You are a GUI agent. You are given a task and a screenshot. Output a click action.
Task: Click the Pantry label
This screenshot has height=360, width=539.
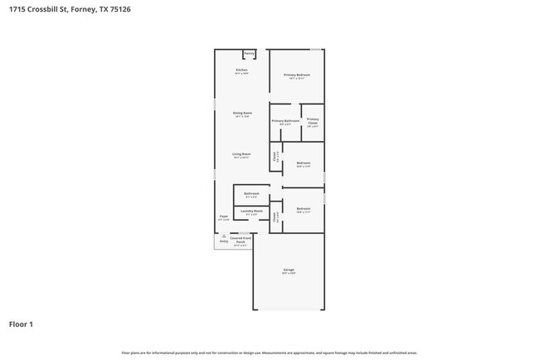click(x=249, y=53)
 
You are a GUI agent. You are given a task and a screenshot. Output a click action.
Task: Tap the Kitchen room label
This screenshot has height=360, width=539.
click(x=241, y=70)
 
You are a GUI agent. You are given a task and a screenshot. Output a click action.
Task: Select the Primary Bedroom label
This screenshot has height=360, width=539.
click(x=297, y=75)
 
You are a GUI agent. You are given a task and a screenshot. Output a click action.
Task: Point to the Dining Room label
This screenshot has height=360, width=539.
click(x=242, y=113)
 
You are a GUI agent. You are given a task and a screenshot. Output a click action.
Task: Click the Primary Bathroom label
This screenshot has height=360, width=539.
click(x=285, y=121)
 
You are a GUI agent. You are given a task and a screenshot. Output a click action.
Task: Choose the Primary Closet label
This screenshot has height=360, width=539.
click(x=313, y=121)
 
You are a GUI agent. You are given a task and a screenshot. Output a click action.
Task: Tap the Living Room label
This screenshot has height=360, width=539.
click(x=241, y=154)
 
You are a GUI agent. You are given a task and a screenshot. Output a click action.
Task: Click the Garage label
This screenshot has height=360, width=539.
click(x=289, y=270)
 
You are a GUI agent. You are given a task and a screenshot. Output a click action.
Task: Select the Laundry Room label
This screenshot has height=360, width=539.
click(x=252, y=211)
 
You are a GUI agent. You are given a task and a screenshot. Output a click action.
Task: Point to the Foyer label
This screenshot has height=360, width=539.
click(x=223, y=216)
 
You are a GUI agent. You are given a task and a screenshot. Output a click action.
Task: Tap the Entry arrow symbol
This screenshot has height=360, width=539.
click(x=224, y=237)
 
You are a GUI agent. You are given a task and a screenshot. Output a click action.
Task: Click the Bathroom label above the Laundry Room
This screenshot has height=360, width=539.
click(x=251, y=194)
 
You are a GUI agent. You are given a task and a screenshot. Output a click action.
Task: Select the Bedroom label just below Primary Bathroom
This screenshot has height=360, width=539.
click(x=303, y=163)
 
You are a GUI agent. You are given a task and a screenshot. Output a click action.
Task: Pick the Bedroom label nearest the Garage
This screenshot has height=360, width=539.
click(x=303, y=208)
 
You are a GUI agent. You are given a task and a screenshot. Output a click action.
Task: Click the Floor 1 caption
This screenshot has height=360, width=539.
click(x=21, y=324)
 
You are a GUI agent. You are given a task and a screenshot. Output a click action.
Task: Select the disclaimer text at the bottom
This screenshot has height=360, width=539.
click(x=269, y=353)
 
